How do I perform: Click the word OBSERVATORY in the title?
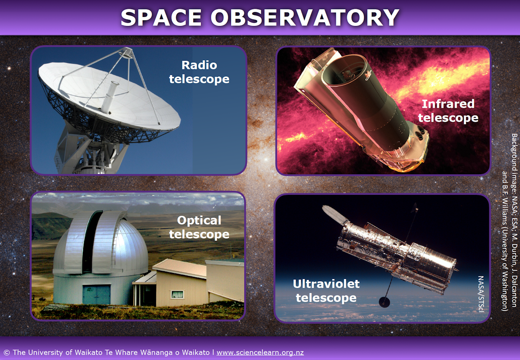pyautogui.click(x=305, y=18)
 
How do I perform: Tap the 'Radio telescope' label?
pyautogui.click(x=199, y=72)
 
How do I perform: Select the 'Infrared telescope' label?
pyautogui.click(x=448, y=111)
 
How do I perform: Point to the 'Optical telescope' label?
pyautogui.click(x=199, y=227)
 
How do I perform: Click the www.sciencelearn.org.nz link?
pyautogui.click(x=260, y=352)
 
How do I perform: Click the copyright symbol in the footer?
pyautogui.click(x=6, y=353)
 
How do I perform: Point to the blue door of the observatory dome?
pyautogui.click(x=96, y=294)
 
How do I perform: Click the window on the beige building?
pyautogui.click(x=177, y=294)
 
